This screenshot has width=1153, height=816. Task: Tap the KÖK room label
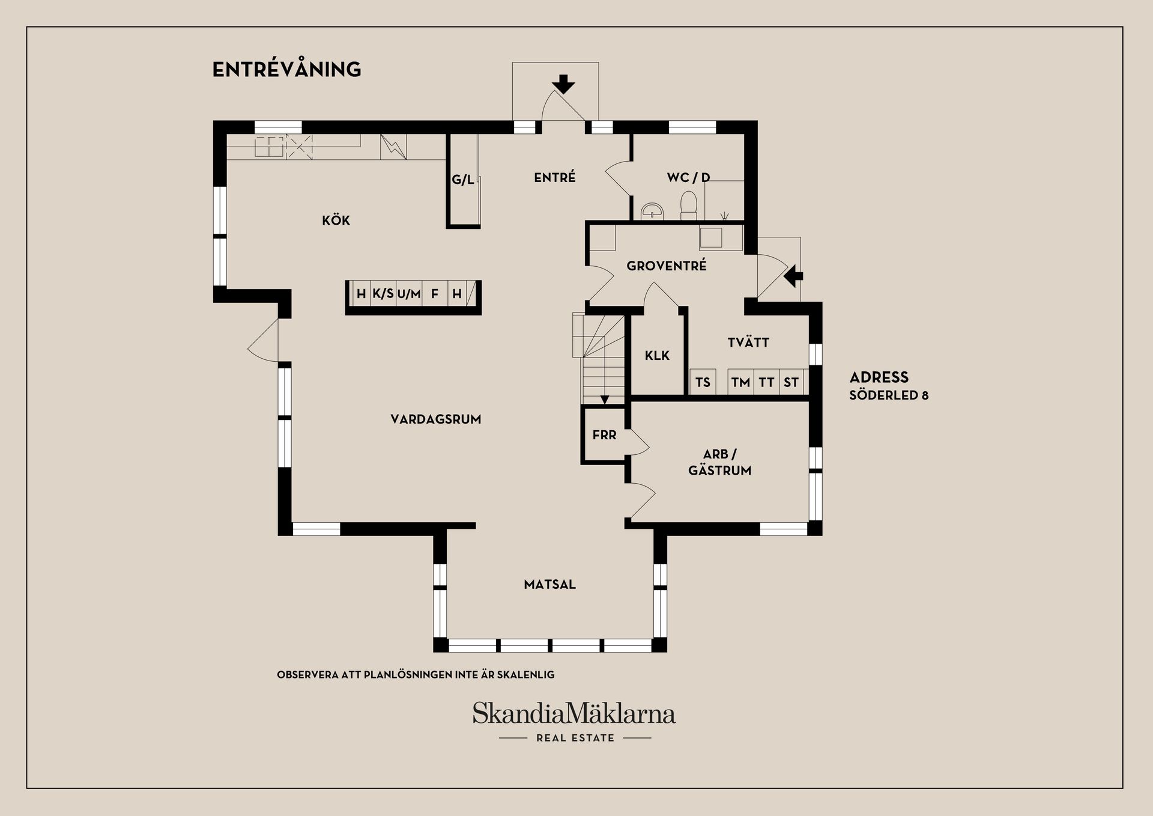[336, 220]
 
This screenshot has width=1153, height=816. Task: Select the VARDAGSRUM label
[436, 419]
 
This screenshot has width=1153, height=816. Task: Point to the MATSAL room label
[549, 584]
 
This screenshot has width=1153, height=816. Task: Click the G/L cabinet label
[463, 179]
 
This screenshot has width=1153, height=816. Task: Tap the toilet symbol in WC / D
[688, 204]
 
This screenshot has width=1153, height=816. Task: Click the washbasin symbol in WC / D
[653, 210]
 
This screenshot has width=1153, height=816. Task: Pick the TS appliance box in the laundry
[703, 382]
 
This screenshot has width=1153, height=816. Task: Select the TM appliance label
[740, 382]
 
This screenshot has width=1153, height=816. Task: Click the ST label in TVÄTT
[791, 382]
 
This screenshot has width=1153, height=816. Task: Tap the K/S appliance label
[383, 294]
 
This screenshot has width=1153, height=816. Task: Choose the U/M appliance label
[409, 294]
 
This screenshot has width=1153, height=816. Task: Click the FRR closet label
[604, 435]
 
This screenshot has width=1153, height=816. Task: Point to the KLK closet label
[657, 356]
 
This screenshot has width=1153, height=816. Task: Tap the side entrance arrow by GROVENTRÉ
[793, 276]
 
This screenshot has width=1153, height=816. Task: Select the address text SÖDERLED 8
[889, 395]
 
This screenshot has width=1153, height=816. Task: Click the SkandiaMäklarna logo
[574, 714]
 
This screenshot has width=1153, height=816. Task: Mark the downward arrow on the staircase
[605, 400]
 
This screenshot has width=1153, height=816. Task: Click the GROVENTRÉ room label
[667, 266]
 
